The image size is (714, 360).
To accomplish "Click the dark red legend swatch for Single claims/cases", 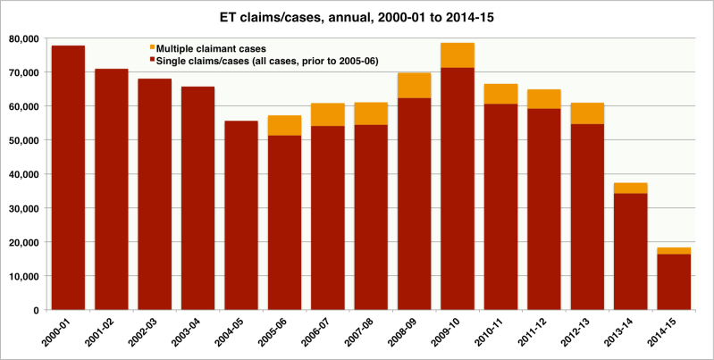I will click(x=152, y=60).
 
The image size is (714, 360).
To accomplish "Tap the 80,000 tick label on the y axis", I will click(x=29, y=38).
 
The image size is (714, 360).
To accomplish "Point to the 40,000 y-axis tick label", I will click(x=29, y=174).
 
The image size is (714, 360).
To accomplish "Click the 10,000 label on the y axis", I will click(x=29, y=276).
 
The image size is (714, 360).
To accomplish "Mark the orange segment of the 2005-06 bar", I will click(x=284, y=125).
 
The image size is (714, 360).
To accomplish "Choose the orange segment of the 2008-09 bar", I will click(x=414, y=86).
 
